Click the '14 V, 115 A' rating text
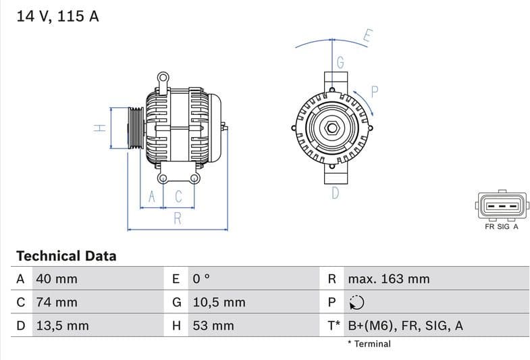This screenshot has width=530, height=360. coord(57,16)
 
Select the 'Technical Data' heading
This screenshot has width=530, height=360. coord(66,256)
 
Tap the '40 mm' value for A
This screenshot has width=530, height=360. coord(56,279)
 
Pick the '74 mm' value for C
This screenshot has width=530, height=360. coord(56,302)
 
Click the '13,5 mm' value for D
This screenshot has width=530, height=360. coord(62,326)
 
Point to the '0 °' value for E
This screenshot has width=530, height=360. coord(201,279)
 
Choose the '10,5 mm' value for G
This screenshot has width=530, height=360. coord(219,302)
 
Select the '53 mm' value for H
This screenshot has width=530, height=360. coord(213,326)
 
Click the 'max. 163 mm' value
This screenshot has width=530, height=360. coord(388,279)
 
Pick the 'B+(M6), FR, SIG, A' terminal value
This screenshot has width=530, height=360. coord(405,326)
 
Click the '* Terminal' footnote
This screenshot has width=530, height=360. coord(369,344)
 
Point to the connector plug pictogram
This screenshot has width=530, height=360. coord(501,205)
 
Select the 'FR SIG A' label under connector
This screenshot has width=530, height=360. coord(501,227)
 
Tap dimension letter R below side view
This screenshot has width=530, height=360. coord(178,218)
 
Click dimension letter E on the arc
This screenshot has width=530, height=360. coord(367,36)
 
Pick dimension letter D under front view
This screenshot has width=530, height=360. coord(336,194)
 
